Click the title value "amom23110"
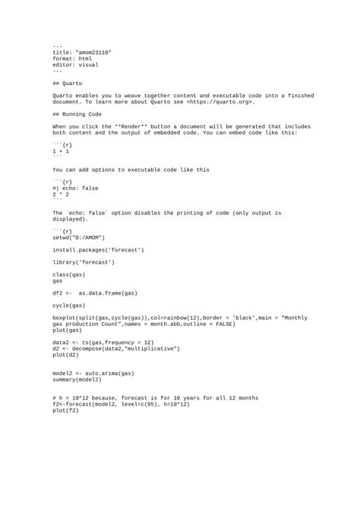click(93, 52)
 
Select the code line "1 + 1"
click(61, 152)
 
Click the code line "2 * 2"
click(61, 194)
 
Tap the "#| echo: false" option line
click(75, 188)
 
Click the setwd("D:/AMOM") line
click(84, 236)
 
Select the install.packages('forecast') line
click(98, 249)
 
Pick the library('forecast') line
click(84, 262)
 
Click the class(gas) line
click(69, 274)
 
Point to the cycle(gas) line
click(69, 305)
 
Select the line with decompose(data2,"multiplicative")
click(116, 348)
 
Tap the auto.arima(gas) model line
click(93, 373)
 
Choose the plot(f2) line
click(66, 410)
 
